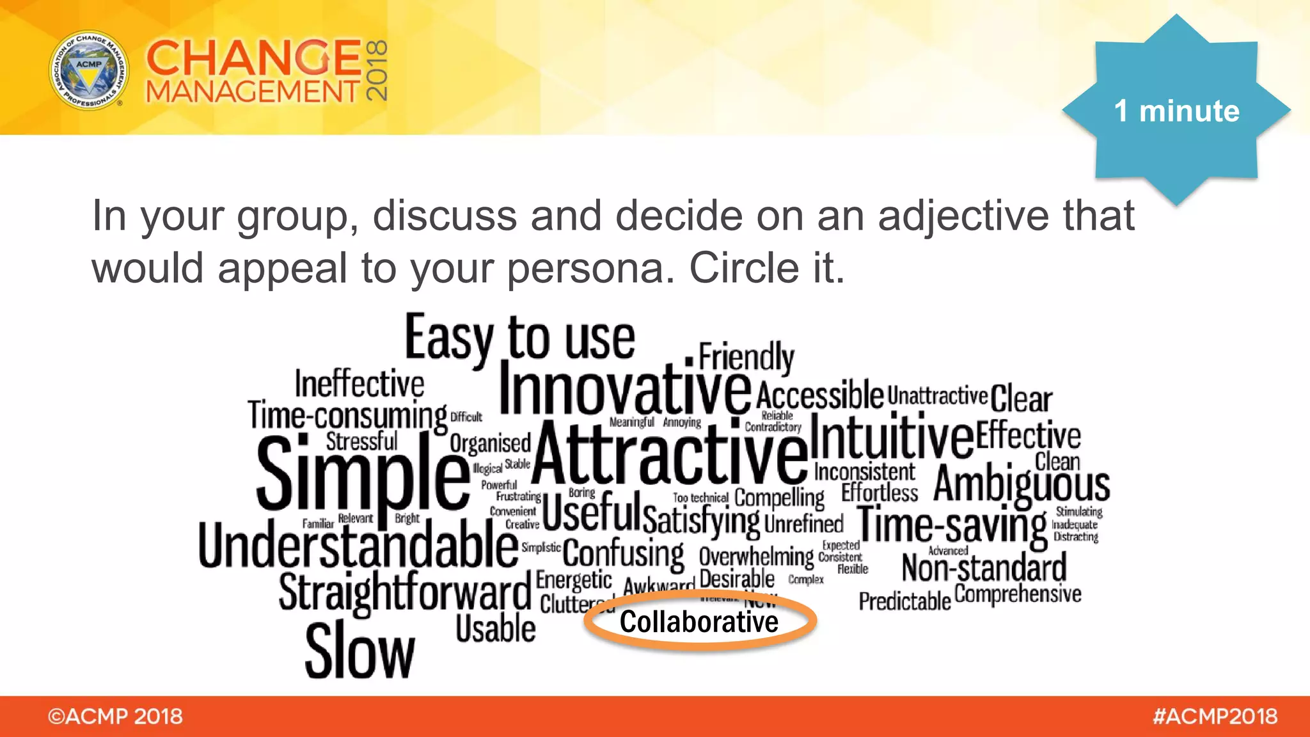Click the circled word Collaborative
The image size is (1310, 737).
pyautogui.click(x=699, y=622)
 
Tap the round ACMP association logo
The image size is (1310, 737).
pyautogui.click(x=89, y=70)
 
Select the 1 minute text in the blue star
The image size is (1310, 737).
pyautogui.click(x=1176, y=111)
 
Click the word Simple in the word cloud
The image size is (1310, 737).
pyautogui.click(x=363, y=473)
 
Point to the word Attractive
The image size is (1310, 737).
pyautogui.click(x=670, y=453)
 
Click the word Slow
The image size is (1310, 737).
pyautogui.click(x=359, y=651)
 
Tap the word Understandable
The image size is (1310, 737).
pyautogui.click(x=358, y=546)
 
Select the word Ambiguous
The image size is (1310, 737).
pyautogui.click(x=1022, y=484)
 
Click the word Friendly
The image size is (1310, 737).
pyautogui.click(x=746, y=356)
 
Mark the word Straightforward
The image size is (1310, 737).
pyautogui.click(x=405, y=592)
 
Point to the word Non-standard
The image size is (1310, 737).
pyautogui.click(x=984, y=567)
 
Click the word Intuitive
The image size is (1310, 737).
pyautogui.click(x=892, y=436)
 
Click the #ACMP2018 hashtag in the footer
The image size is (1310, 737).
pyautogui.click(x=1215, y=717)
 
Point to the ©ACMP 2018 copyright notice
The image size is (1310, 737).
pyautogui.click(x=115, y=717)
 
